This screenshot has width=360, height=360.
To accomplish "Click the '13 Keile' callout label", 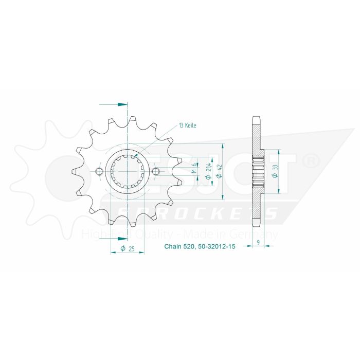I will pos(187,125).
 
